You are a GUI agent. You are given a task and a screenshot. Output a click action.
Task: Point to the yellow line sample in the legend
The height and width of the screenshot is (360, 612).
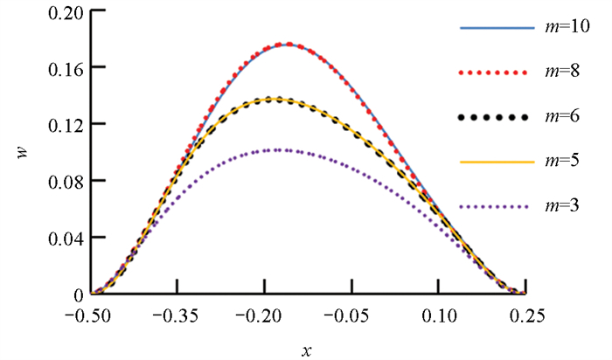[496, 162]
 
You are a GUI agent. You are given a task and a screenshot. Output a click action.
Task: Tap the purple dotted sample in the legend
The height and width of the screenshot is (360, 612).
[496, 206]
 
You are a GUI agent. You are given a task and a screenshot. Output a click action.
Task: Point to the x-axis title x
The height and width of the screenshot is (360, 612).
[307, 349]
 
